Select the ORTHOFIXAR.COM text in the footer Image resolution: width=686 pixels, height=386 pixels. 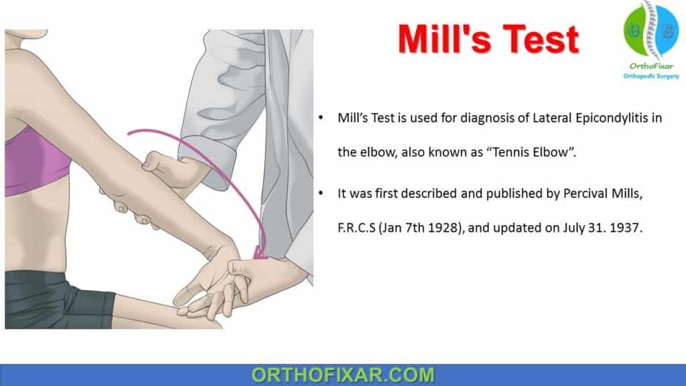point(342,374)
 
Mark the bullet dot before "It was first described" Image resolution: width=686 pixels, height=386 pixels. point(322,194)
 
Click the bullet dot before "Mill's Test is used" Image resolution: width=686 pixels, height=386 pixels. point(322,119)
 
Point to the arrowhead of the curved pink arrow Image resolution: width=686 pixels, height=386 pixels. point(258,254)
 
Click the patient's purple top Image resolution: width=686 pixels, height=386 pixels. point(40,161)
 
